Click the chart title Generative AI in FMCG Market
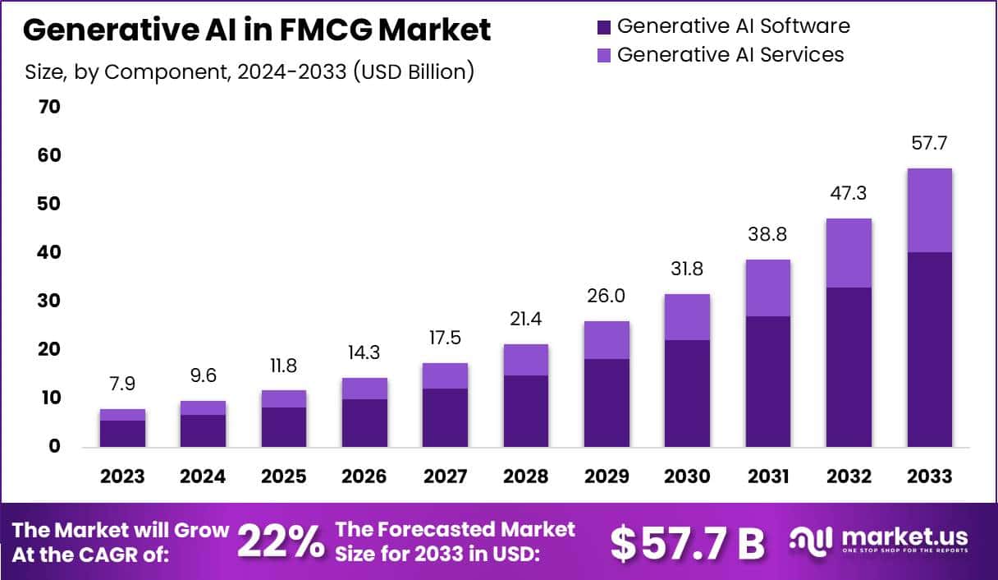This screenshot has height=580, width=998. (257, 30)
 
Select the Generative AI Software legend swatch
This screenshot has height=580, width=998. (604, 27)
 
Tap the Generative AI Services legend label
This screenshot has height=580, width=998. (730, 55)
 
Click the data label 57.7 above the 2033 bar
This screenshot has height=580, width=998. (929, 144)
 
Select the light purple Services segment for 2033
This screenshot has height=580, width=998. (929, 210)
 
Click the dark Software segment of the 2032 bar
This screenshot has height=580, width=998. (849, 366)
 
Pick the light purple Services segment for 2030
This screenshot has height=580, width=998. (687, 317)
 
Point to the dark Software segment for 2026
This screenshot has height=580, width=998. (364, 422)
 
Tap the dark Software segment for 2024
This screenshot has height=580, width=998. (203, 430)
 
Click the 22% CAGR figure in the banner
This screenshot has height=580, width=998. (280, 542)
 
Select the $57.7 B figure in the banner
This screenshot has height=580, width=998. (688, 542)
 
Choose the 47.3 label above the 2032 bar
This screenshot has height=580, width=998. (849, 194)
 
